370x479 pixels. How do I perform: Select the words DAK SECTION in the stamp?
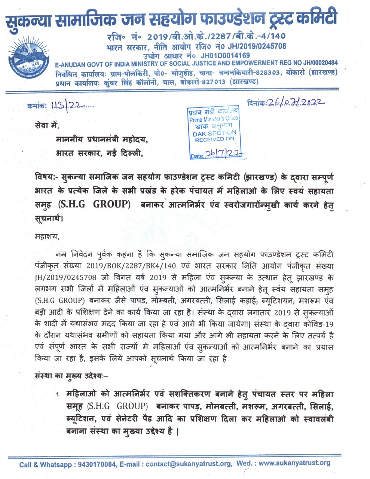[x=214, y=133]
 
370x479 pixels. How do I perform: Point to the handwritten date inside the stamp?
[x=224, y=154]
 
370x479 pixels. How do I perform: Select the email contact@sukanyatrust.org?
[x=189, y=464]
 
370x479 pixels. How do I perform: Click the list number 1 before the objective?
[x=58, y=395]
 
